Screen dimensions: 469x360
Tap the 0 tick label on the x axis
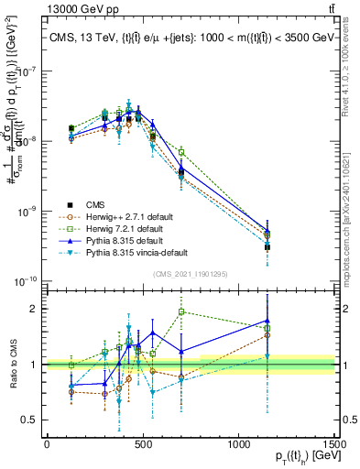(x=46, y=443)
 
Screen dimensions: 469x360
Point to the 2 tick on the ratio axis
(x=34, y=309)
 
